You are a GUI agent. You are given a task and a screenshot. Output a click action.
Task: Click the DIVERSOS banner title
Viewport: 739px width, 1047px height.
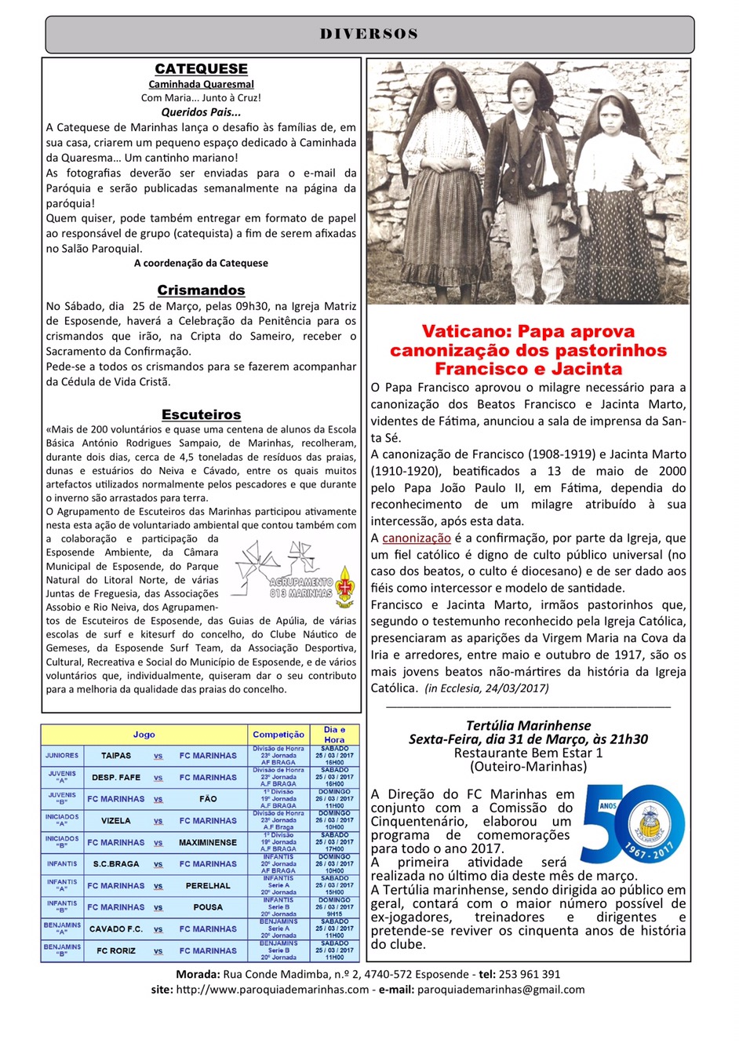tap(369, 35)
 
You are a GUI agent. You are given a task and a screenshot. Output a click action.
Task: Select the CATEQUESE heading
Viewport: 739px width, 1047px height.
tap(201, 69)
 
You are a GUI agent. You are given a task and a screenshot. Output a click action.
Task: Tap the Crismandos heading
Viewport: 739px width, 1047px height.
tap(201, 290)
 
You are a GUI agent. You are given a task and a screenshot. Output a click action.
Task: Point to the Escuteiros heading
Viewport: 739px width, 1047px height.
tap(201, 414)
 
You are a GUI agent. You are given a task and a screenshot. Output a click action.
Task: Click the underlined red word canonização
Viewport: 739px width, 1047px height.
tap(417, 538)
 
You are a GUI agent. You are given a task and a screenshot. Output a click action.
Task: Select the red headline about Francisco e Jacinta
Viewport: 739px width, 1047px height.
tap(528, 350)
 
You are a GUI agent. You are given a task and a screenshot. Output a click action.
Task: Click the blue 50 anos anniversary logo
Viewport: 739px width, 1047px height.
tap(632, 824)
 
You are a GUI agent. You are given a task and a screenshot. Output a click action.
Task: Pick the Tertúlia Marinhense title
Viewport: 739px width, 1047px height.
tap(528, 726)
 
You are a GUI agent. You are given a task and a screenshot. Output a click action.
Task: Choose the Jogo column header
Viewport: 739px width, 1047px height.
tap(144, 735)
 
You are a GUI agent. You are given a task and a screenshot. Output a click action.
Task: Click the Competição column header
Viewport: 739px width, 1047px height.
tap(278, 735)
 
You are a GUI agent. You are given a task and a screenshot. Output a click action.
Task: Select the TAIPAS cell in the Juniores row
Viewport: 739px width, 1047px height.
tap(116, 756)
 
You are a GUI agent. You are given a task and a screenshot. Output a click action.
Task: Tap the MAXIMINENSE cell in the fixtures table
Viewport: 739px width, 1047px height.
tap(208, 842)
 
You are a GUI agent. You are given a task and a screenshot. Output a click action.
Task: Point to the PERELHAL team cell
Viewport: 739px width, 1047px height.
tap(208, 885)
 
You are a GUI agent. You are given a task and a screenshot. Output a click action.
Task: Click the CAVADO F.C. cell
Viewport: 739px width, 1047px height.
tap(116, 928)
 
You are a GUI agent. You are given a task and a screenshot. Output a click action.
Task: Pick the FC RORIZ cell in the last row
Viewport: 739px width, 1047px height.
tap(116, 950)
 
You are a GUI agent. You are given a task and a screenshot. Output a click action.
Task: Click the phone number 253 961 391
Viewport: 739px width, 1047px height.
tap(530, 974)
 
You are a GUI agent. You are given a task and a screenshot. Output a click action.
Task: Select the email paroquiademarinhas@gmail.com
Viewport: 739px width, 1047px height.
tap(501, 990)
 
